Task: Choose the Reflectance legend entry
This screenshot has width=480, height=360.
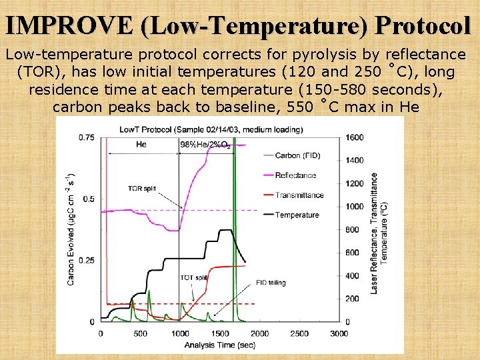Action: coord(295,175)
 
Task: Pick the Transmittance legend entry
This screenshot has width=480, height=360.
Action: coord(299,195)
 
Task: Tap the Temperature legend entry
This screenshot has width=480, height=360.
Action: coord(297,215)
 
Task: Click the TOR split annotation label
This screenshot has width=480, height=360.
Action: coord(141,189)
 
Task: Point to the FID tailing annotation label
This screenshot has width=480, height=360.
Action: coord(271,283)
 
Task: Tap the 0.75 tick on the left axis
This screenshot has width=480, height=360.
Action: coord(87,137)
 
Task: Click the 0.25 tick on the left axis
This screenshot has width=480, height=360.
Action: coord(87,260)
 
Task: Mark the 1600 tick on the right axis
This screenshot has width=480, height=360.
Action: coord(355,137)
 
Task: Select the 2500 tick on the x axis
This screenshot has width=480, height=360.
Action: coord(299,333)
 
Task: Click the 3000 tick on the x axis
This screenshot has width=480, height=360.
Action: coord(339,333)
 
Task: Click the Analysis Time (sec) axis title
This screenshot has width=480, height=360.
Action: coord(219,345)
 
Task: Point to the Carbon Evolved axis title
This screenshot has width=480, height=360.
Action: coord(71,230)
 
